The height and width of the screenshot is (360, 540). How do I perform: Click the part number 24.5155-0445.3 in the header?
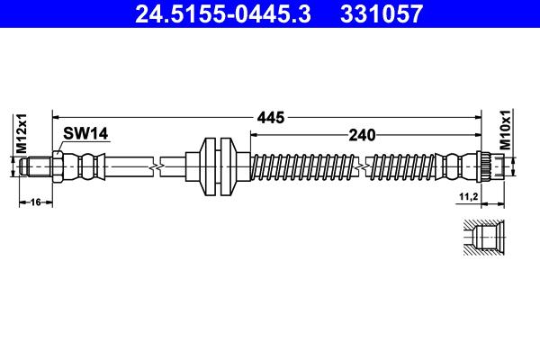point(223,13)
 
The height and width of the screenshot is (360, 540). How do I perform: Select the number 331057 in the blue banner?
point(382,13)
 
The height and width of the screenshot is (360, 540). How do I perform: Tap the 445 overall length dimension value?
point(271,118)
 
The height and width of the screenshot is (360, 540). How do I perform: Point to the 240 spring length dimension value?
point(362,135)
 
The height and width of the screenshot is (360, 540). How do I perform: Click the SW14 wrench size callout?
point(85,133)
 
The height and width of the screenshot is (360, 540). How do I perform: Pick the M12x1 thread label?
point(22,133)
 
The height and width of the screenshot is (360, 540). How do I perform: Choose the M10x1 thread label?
point(506,130)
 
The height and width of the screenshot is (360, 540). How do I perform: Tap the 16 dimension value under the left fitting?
point(35,202)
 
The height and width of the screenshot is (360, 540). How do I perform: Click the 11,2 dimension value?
point(469,197)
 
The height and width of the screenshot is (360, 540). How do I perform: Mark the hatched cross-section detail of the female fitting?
point(484,238)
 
